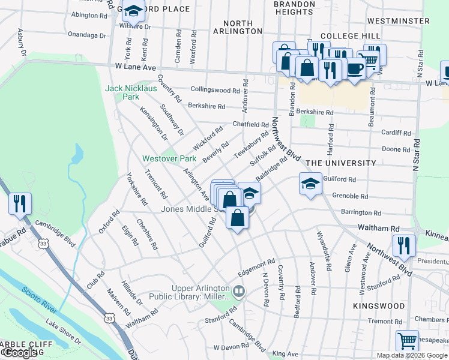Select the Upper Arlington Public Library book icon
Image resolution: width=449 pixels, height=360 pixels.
(x=240, y=292)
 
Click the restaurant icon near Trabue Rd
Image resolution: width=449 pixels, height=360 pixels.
(x=20, y=204)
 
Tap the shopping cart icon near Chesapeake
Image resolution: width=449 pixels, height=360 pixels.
(x=407, y=341)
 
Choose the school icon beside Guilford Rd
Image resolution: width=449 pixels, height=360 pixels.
(x=310, y=184)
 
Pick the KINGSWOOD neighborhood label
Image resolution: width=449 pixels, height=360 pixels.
(x=379, y=306)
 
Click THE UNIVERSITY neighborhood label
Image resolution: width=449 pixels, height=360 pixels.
(x=340, y=163)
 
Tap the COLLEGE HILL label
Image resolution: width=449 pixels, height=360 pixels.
(x=351, y=37)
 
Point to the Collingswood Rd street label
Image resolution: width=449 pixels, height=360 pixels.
(x=215, y=90)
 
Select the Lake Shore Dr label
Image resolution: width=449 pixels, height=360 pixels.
(x=63, y=331)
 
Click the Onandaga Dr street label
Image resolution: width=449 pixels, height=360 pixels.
(x=88, y=35)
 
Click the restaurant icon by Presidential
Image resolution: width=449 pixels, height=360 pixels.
(x=403, y=245)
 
